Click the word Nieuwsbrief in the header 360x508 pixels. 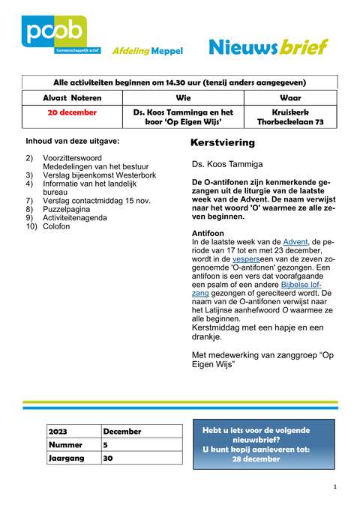pos(268,48)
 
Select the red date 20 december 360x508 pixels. pos(72,112)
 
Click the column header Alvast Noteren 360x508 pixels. pos(72,97)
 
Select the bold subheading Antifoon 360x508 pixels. pos(207,233)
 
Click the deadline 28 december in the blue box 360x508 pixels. pos(256,458)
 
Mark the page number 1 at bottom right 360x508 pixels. pos(334,487)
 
